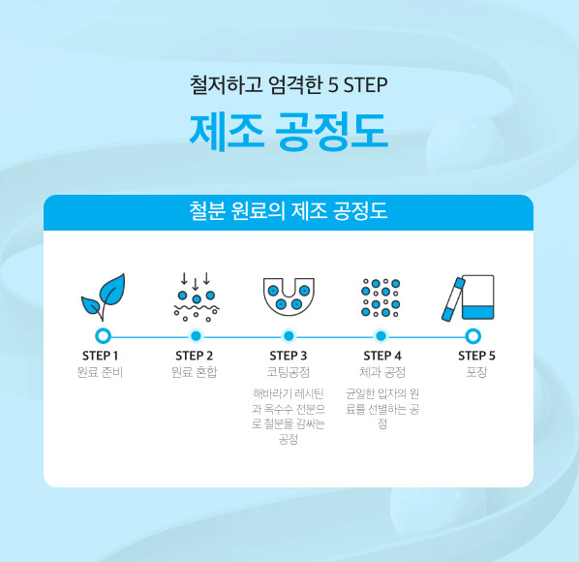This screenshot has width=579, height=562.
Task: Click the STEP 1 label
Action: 100,356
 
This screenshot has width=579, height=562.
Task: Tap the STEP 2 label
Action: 195,356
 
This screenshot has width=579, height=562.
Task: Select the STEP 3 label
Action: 289,356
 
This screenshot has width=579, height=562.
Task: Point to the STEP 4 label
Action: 382,356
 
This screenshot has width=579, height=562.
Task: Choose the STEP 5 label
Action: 476,356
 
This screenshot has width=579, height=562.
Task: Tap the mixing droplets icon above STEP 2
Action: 197,297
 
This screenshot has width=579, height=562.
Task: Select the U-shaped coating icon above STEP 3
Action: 289,297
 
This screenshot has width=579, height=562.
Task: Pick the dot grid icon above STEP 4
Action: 381,297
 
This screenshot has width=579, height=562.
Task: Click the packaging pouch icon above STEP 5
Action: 469,297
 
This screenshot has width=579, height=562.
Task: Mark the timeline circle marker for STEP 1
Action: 103,336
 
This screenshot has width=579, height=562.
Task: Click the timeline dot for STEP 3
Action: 289,336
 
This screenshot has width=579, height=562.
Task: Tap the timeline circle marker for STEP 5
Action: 473,336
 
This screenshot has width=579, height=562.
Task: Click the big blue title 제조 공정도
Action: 289,132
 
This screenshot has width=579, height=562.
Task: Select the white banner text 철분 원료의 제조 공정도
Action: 289,211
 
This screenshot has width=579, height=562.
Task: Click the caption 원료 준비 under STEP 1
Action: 100,372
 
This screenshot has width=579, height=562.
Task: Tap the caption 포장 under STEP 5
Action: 476,372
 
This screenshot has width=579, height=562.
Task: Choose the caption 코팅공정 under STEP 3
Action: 289,372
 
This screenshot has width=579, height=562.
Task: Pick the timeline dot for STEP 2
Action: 197,336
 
